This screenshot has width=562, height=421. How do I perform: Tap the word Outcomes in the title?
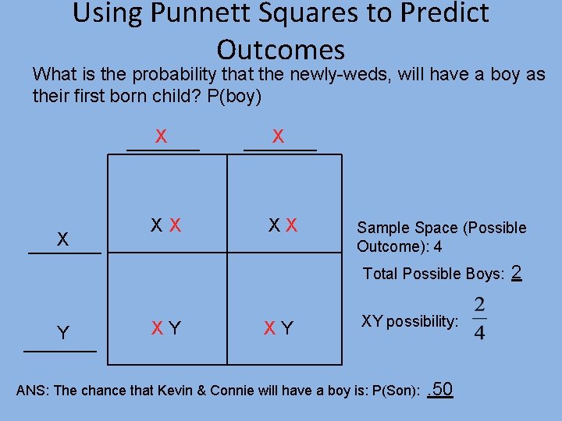tap(280, 50)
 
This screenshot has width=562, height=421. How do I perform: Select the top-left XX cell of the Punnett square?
tap(166, 226)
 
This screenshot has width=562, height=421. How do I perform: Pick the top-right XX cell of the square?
tap(283, 226)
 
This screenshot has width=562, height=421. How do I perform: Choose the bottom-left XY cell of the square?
tap(166, 328)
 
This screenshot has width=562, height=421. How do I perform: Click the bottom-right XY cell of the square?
tap(279, 328)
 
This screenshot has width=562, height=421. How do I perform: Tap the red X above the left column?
tap(161, 136)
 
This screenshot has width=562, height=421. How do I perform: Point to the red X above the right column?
tap(278, 136)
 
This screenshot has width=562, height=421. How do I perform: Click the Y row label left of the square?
tap(63, 333)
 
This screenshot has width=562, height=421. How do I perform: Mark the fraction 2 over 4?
tap(479, 318)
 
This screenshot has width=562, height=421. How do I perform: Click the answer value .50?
tap(441, 388)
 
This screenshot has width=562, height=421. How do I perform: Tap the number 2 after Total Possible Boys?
tap(516, 273)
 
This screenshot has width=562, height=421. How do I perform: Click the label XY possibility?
tap(410, 321)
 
